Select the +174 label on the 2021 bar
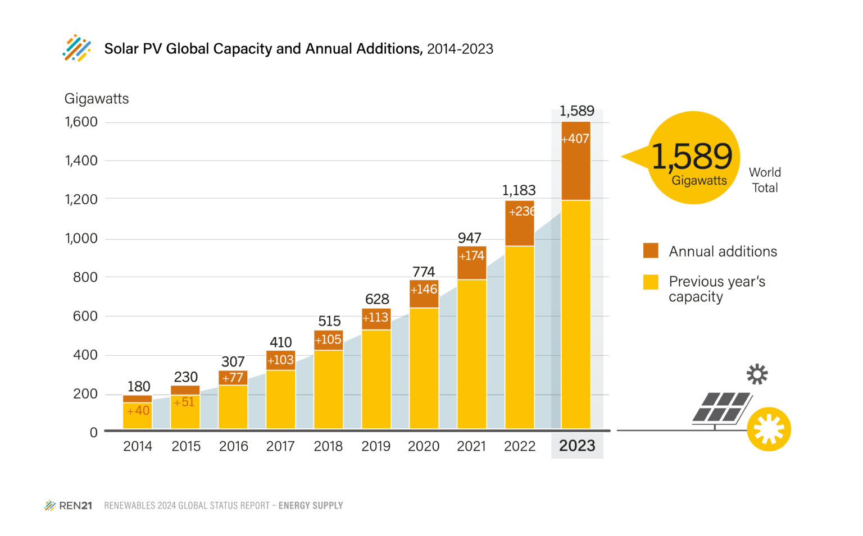(x=471, y=256)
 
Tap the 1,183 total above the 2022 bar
(x=519, y=190)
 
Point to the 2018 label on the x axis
(x=328, y=446)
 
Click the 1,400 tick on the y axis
(x=81, y=161)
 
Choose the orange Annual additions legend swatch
(x=651, y=250)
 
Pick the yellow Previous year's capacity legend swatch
(x=651, y=282)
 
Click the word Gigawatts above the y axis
(x=97, y=99)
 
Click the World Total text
(x=765, y=180)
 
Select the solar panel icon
(x=721, y=407)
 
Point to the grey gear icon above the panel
(x=757, y=374)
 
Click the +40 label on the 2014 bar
(x=138, y=411)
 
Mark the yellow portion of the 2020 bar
(x=424, y=368)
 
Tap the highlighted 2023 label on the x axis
(x=577, y=446)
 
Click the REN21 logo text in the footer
(x=75, y=506)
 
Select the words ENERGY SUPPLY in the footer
(x=311, y=506)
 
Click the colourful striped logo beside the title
(x=77, y=48)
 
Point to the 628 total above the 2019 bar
(x=377, y=299)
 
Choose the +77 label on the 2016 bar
(x=233, y=378)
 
